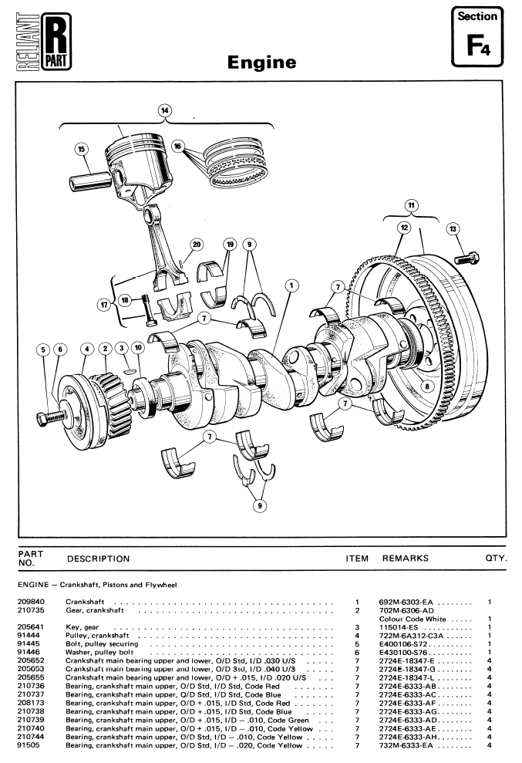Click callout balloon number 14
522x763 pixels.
pos(164,110)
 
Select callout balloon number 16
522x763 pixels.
pos(178,146)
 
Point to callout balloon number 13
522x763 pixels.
pos(453,228)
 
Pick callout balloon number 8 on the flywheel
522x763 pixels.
pos(428,385)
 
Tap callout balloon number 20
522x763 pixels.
pos(197,245)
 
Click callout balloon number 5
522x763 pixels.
pos(43,349)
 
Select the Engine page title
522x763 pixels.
pos(261,60)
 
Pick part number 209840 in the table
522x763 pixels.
pos(30,600)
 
